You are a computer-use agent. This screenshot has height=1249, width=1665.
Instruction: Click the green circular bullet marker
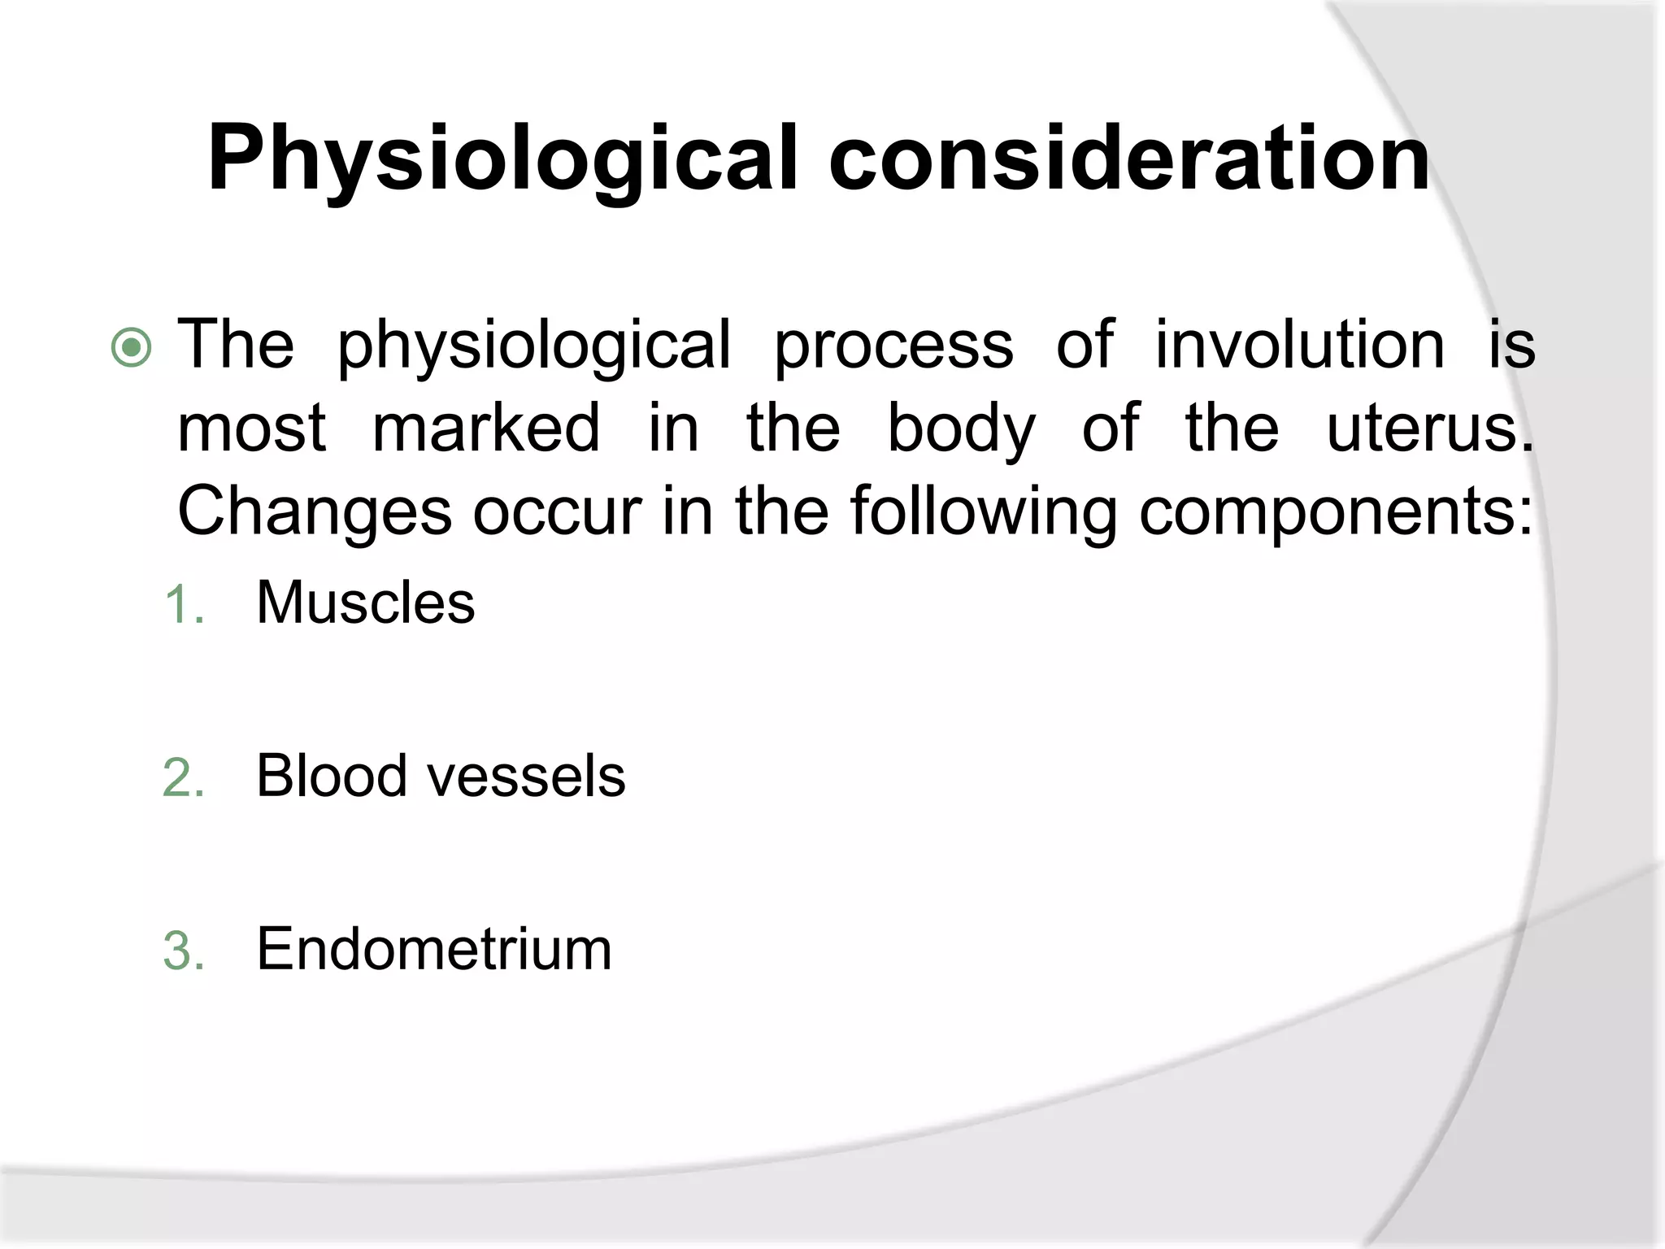(x=131, y=348)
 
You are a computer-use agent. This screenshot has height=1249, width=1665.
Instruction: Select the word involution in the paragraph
(x=1299, y=345)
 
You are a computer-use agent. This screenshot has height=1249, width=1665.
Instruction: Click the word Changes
(x=315, y=512)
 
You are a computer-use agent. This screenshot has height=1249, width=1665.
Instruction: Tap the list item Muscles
(x=365, y=603)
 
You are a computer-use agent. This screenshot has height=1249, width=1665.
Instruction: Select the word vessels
(x=526, y=777)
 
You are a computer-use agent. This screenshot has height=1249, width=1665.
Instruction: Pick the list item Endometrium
(x=434, y=949)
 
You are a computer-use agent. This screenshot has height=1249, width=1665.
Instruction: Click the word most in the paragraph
(x=252, y=429)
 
